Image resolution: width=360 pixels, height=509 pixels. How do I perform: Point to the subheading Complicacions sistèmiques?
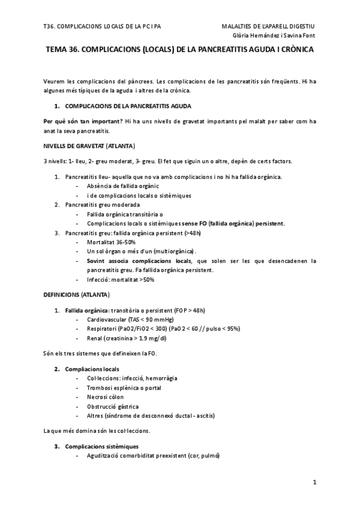(x=102, y=447)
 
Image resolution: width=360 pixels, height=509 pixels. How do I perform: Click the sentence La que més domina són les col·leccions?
(x=97, y=430)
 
